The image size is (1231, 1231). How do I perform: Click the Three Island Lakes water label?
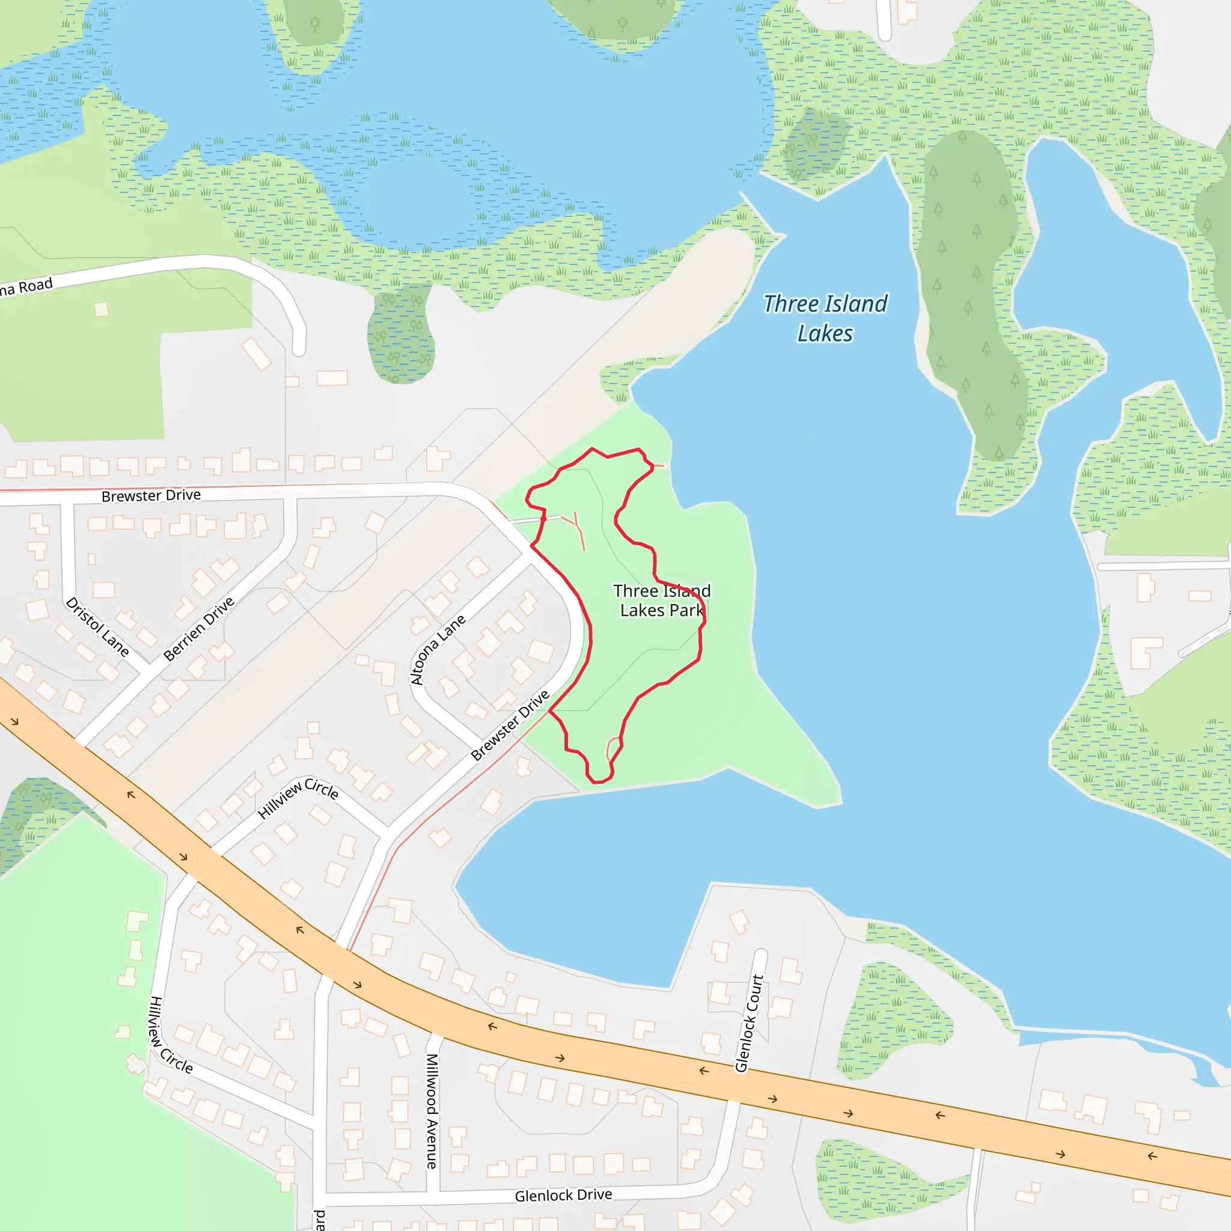coord(825,318)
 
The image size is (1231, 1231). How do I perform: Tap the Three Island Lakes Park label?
coord(661,600)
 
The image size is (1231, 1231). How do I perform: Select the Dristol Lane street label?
coord(97,626)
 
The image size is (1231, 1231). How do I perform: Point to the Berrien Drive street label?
coord(199,628)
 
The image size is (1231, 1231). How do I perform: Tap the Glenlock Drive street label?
coord(563,1196)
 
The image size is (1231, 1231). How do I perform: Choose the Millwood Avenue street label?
coord(432,1111)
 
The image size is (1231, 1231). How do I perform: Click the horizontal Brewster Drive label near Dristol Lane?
coord(151,495)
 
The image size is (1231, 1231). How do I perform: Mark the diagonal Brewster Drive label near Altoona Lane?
coord(510,725)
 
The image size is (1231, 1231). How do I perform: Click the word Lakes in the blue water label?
coord(825,333)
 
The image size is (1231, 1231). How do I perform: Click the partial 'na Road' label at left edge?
coord(25,287)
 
